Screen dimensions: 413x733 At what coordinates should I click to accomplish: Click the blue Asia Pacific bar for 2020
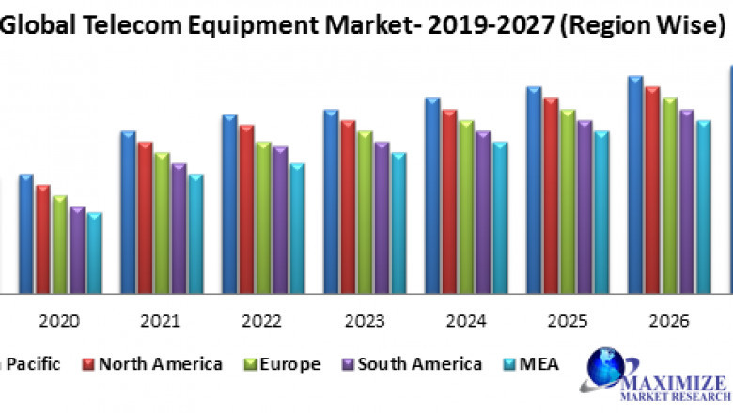pos(26,234)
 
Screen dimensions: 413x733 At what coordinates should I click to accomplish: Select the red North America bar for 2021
pos(146,218)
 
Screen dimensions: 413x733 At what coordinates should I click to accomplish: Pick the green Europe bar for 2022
pos(264,218)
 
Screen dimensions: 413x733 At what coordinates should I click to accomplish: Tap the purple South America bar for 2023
pos(382,218)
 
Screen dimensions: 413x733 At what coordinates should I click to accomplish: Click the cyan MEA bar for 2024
pos(500,218)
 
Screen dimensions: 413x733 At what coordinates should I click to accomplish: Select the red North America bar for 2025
pos(551,195)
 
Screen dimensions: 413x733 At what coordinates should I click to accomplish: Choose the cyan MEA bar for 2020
pos(94,252)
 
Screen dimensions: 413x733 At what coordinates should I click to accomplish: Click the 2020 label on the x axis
pos(59,321)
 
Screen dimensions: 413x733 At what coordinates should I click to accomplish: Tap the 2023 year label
pos(364,321)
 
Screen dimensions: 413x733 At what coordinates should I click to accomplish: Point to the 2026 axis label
pos(668,321)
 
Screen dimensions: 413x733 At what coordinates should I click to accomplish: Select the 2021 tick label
pos(161,321)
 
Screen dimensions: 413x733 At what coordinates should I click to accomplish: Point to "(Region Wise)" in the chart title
pos(640,26)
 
